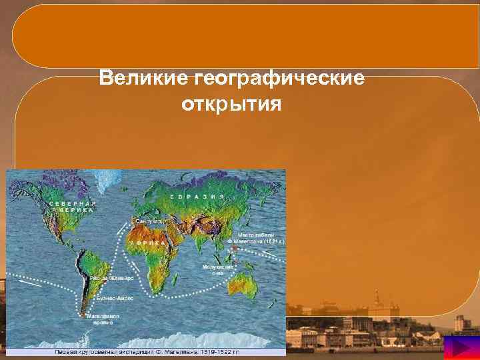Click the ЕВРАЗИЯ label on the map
196,197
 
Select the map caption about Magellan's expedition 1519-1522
143,351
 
